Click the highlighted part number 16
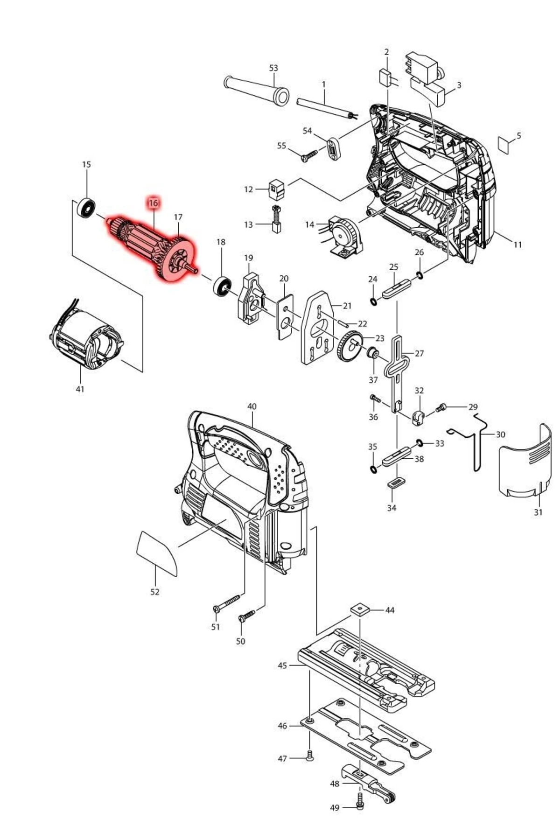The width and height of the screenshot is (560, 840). (153, 203)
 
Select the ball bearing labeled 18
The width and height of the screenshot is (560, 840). (222, 286)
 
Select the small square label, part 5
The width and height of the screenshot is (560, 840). (504, 144)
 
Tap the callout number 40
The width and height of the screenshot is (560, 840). (252, 406)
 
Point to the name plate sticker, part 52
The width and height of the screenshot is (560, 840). (157, 552)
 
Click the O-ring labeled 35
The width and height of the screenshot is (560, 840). (373, 468)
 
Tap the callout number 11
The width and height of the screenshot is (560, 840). (518, 244)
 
